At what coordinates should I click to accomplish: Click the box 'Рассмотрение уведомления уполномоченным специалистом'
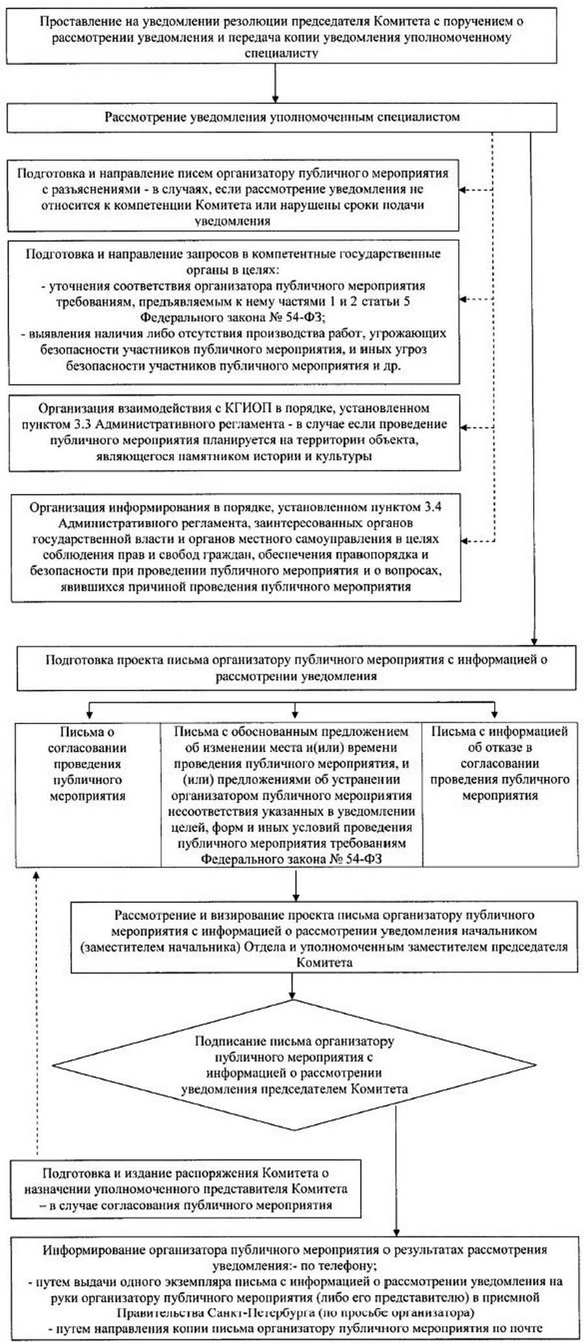(x=282, y=118)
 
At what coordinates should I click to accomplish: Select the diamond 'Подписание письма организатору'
(x=294, y=1065)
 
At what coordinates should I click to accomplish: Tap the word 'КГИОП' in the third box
(x=246, y=408)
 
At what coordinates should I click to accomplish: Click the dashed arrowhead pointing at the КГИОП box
(x=465, y=427)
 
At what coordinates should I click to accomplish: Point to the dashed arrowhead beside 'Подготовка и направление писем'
(x=464, y=190)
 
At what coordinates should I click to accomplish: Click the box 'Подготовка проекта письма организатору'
(x=296, y=668)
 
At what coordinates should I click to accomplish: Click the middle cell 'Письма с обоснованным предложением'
(x=291, y=794)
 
